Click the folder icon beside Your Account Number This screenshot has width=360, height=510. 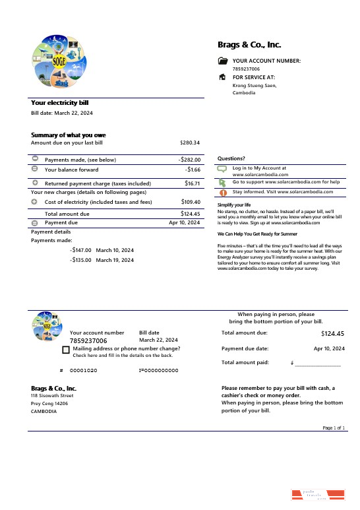click(x=222, y=61)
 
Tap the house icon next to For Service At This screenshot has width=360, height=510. click(x=222, y=77)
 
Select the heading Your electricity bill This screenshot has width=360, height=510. click(x=60, y=103)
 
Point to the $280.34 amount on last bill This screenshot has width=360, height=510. click(x=190, y=143)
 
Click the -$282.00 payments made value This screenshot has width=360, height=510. click(x=189, y=160)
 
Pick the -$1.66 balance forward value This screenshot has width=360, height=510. click(x=193, y=170)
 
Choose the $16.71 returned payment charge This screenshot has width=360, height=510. click(x=192, y=183)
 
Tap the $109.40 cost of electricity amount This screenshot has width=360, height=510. click(x=191, y=202)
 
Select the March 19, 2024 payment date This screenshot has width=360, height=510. click(x=115, y=260)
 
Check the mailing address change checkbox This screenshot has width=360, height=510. click(x=66, y=350)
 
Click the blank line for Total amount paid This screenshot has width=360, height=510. click(x=318, y=364)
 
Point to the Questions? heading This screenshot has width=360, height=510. click(x=231, y=158)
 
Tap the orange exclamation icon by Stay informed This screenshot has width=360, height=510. click(x=222, y=193)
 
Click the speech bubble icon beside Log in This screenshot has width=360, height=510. click(x=222, y=170)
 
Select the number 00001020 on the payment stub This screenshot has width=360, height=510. click(x=84, y=371)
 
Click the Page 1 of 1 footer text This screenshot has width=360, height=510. click(x=334, y=428)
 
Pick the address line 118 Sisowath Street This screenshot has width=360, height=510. click(x=52, y=395)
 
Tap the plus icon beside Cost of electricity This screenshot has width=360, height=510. click(x=35, y=201)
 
